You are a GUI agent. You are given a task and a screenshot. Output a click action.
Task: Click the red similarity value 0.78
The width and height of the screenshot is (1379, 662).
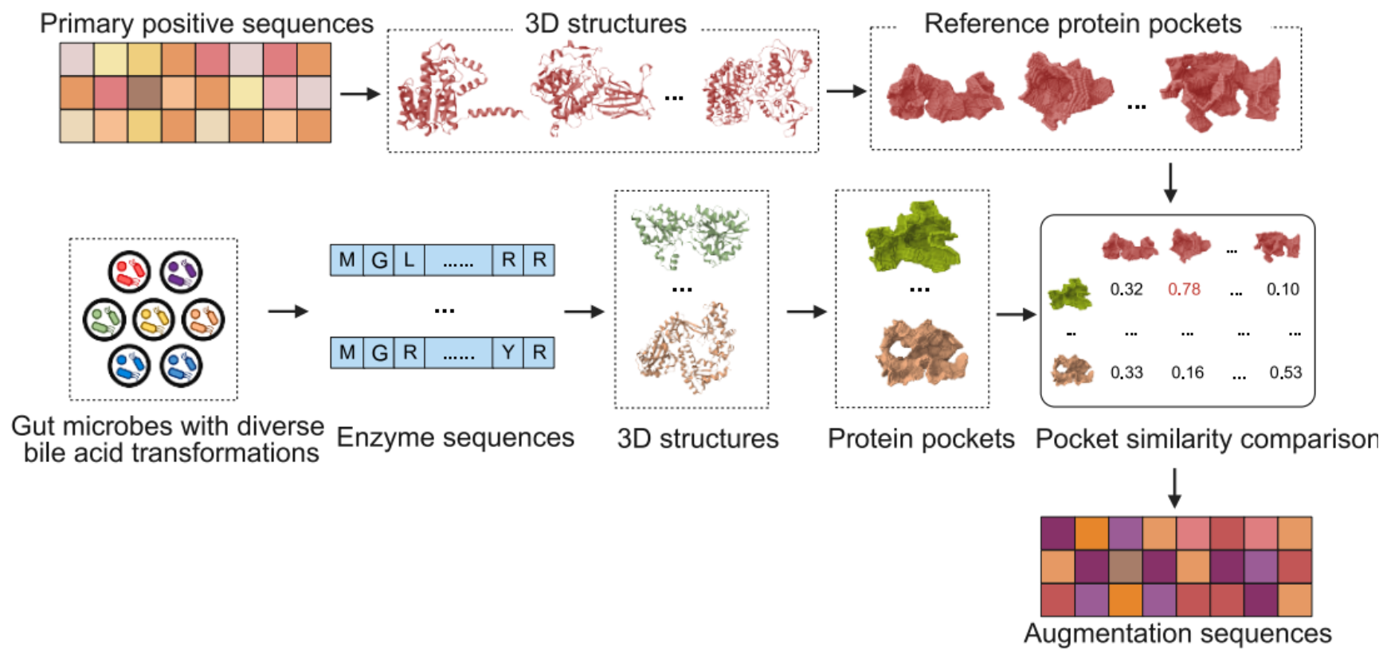[x=1184, y=289]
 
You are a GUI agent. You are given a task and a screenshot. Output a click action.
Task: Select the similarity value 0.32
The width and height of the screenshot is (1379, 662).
[x=1126, y=289]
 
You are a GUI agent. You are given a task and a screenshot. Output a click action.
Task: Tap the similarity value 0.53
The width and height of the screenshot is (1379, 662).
[x=1285, y=372]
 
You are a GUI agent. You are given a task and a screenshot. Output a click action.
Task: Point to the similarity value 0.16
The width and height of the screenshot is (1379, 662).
[x=1187, y=372]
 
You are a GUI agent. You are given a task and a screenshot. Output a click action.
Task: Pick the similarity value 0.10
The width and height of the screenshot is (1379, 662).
[x=1283, y=289]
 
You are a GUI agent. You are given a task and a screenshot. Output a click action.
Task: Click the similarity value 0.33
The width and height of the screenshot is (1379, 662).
[x=1126, y=372]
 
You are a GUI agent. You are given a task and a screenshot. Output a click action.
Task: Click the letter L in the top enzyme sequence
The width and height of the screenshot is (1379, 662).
[x=409, y=260]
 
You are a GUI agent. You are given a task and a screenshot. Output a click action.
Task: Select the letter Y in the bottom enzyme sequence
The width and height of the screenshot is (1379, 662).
[x=507, y=352]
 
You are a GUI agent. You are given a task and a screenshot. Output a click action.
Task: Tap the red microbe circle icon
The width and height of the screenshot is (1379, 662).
[x=129, y=272]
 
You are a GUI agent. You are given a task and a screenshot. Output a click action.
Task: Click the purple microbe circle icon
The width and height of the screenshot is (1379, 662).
[x=181, y=272]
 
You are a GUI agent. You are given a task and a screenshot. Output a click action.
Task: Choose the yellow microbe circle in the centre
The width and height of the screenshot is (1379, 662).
[x=154, y=319]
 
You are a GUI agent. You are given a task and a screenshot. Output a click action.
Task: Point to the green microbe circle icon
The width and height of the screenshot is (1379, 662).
[x=104, y=319]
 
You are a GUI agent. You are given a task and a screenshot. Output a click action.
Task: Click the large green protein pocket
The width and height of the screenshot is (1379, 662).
[x=913, y=237]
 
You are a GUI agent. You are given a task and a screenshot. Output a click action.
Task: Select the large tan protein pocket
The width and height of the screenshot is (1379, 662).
[x=921, y=351]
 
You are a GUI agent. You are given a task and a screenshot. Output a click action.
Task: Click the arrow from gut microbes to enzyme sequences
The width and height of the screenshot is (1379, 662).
[x=287, y=311]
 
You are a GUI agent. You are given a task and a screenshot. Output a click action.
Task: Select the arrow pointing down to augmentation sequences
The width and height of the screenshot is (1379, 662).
[x=1174, y=488]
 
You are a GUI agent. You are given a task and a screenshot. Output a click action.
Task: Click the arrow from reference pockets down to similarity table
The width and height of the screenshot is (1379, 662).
[x=1170, y=182]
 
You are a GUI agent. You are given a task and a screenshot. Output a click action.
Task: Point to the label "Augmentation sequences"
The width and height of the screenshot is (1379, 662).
[x=1177, y=633]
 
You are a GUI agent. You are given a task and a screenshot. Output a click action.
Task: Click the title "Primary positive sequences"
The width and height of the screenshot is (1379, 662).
[x=206, y=24]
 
